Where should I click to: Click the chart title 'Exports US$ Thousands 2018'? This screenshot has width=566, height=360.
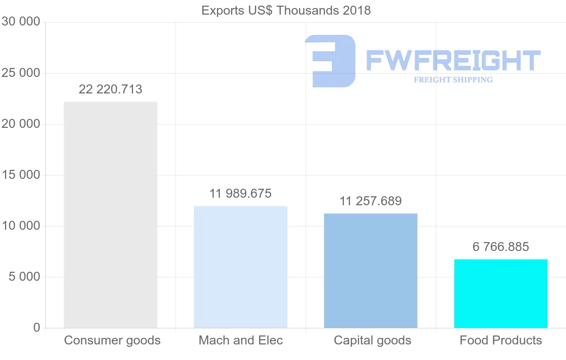(286, 10)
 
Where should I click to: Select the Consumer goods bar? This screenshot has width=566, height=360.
(110, 215)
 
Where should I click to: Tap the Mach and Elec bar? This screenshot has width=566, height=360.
(241, 267)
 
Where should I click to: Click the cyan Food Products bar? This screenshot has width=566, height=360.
(501, 293)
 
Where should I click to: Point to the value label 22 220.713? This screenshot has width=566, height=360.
(110, 89)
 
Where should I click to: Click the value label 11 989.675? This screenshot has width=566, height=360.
(241, 193)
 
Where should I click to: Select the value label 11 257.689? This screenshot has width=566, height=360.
(371, 201)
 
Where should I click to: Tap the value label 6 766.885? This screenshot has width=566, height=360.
(501, 247)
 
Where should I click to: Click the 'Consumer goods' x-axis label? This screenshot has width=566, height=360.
(112, 340)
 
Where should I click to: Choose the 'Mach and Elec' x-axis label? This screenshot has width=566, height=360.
(241, 340)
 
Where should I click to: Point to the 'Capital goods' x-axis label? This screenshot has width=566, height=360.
(373, 340)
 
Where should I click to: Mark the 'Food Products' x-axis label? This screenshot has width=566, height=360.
(501, 340)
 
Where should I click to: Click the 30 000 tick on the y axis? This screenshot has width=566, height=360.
(21, 22)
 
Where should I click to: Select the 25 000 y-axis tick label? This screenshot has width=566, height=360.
(21, 73)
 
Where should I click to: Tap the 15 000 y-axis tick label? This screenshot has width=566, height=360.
(21, 175)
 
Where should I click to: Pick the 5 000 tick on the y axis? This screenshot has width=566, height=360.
(25, 277)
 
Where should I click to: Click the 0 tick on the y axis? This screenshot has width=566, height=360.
(37, 328)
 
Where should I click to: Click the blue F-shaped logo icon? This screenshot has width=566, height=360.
(330, 61)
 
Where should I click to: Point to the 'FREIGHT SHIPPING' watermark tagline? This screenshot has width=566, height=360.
(453, 80)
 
